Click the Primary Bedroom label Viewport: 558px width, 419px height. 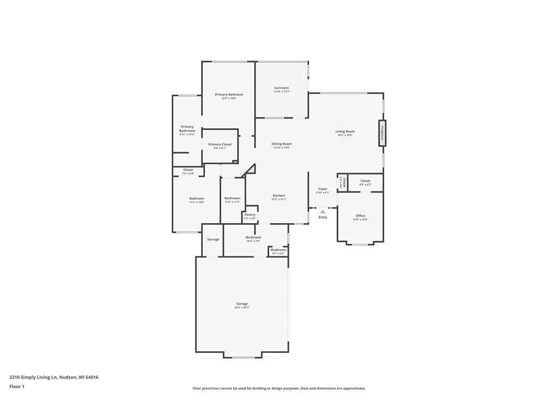[x=229, y=95]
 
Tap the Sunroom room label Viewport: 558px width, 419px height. [x=281, y=88]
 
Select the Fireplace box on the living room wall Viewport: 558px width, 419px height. [x=382, y=134]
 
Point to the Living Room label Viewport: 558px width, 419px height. [x=345, y=131]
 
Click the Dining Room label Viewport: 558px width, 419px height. [x=282, y=144]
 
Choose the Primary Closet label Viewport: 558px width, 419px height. [x=220, y=145]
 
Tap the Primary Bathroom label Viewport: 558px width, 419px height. [x=187, y=129]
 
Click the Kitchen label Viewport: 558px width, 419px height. [x=279, y=195]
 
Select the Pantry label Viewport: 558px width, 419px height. [x=250, y=215]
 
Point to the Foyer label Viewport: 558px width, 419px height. [x=323, y=189]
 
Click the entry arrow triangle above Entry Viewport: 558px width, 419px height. [x=323, y=211]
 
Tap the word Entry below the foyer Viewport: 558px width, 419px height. [x=323, y=217]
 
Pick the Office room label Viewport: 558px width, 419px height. [x=360, y=216]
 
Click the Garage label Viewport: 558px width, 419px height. [x=242, y=304]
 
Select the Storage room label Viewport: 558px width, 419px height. [x=213, y=240]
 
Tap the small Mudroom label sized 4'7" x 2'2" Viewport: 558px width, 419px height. [x=278, y=250]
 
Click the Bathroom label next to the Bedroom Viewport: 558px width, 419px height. [x=232, y=198]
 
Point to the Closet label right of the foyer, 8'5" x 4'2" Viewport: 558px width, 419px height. [x=365, y=181]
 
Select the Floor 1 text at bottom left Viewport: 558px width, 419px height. [x=17, y=386]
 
